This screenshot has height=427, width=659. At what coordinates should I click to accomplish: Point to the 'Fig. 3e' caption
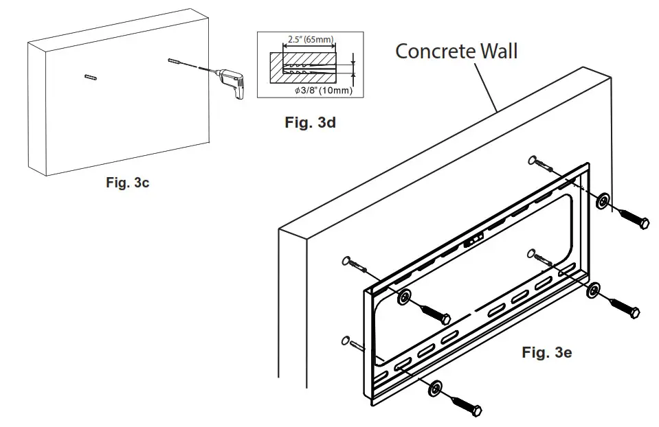click(546, 353)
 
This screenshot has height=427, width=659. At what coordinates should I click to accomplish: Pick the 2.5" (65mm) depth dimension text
click(307, 40)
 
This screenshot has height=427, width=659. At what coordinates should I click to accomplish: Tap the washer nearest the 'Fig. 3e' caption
click(593, 291)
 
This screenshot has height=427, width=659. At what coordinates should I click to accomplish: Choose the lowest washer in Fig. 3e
click(434, 389)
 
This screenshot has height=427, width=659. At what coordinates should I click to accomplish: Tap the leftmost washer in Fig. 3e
click(404, 297)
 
